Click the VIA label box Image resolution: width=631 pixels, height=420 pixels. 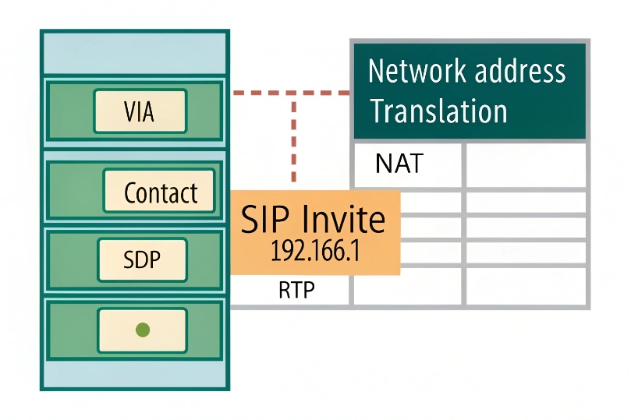(140, 111)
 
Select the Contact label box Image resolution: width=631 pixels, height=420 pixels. (160, 192)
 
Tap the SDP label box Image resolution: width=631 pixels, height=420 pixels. (142, 260)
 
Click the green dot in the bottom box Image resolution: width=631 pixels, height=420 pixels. (142, 330)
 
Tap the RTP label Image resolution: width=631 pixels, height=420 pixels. (297, 291)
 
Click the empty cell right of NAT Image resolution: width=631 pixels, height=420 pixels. (526, 164)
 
